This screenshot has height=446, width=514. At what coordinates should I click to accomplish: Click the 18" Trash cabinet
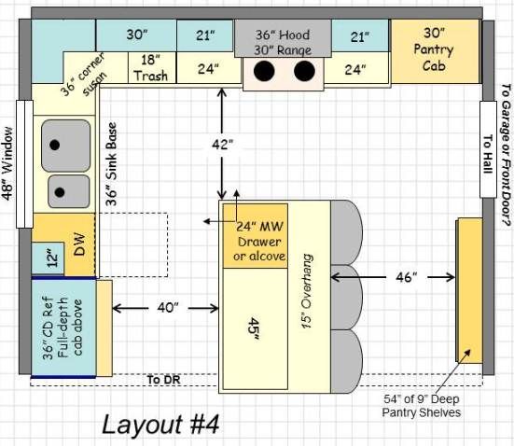[152, 67]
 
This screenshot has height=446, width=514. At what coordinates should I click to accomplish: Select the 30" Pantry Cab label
[434, 49]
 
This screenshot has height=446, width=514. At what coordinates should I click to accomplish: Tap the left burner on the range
[264, 71]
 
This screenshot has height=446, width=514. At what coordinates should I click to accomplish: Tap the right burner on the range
[304, 71]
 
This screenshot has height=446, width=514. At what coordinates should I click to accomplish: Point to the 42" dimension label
[222, 144]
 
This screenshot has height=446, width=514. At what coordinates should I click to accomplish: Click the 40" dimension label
[168, 308]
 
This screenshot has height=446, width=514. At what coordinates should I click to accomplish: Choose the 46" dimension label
[407, 277]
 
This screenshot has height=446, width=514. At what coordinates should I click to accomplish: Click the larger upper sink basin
[66, 146]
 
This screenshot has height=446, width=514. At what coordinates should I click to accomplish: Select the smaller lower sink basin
[69, 191]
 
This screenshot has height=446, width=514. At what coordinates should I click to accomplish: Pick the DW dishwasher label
[79, 244]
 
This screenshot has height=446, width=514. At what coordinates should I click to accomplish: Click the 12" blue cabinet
[48, 258]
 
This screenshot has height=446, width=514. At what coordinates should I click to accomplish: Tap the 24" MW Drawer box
[256, 236]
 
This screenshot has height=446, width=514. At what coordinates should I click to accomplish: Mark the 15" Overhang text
[307, 291]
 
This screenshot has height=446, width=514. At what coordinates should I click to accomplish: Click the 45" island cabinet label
[254, 329]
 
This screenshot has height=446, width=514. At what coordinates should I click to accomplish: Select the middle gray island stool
[346, 297]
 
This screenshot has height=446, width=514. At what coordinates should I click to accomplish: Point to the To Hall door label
[488, 154]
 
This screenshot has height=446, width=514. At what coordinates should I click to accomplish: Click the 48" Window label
[7, 163]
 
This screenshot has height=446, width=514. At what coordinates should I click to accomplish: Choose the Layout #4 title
[160, 425]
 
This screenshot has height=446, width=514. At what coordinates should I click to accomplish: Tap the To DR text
[163, 380]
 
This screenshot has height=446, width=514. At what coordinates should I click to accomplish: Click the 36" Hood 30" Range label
[283, 42]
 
